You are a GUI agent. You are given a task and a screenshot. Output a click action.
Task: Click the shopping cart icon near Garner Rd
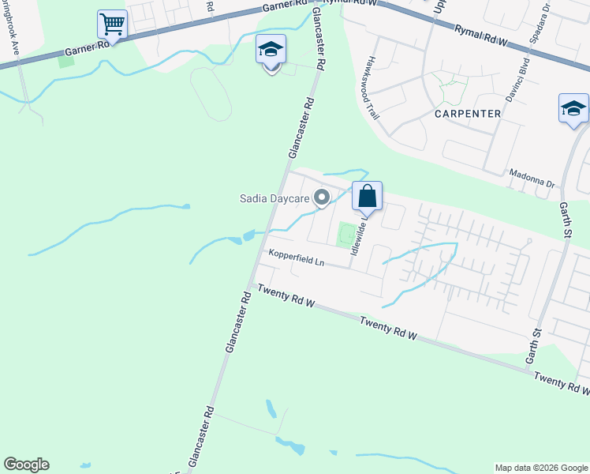[x=112, y=25]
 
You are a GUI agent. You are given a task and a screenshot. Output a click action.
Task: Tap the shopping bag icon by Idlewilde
[x=368, y=197]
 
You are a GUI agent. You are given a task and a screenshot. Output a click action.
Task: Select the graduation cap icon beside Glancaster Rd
[x=271, y=52]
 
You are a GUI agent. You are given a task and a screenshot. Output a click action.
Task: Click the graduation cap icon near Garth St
[x=573, y=110]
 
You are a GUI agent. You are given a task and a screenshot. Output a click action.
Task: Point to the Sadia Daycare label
[x=274, y=198]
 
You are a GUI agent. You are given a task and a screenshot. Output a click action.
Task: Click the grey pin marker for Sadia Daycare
[x=322, y=197]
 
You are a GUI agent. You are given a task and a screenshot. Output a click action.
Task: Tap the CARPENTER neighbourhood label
[x=468, y=114]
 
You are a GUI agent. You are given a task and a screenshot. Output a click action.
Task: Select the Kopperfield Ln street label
[x=297, y=257]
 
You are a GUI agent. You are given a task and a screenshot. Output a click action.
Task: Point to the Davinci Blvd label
[x=522, y=68]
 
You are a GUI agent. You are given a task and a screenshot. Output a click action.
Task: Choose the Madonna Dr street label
[x=532, y=180]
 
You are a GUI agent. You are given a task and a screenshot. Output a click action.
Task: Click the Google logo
[x=26, y=465]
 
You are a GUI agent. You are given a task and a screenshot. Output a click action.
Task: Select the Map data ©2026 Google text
[x=540, y=468]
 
